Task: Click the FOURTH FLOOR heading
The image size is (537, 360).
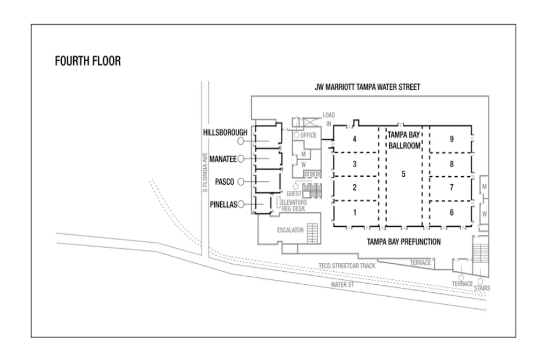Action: [88, 61]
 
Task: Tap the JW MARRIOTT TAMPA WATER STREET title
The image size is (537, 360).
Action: [367, 87]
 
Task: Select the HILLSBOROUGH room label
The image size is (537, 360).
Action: [225, 132]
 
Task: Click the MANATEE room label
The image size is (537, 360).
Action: [222, 159]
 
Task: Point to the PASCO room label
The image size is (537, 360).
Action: [224, 182]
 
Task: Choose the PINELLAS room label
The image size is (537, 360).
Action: [223, 204]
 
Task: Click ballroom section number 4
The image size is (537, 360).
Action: [354, 139]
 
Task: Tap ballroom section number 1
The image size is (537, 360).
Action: [354, 212]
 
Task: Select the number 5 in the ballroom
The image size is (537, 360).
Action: [403, 174]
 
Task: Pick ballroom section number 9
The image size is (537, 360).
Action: [452, 139]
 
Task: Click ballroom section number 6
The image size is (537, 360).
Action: [452, 212]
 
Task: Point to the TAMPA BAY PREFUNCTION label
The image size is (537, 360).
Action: [403, 242]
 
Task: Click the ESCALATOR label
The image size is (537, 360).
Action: [290, 230]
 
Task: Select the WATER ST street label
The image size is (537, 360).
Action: [342, 284]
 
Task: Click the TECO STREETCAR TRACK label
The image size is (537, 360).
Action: [346, 265]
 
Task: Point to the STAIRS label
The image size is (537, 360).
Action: [482, 288]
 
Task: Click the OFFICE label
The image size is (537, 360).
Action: [308, 135]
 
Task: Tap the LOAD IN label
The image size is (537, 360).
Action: [328, 119]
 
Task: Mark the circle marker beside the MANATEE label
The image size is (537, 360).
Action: [241, 159]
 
